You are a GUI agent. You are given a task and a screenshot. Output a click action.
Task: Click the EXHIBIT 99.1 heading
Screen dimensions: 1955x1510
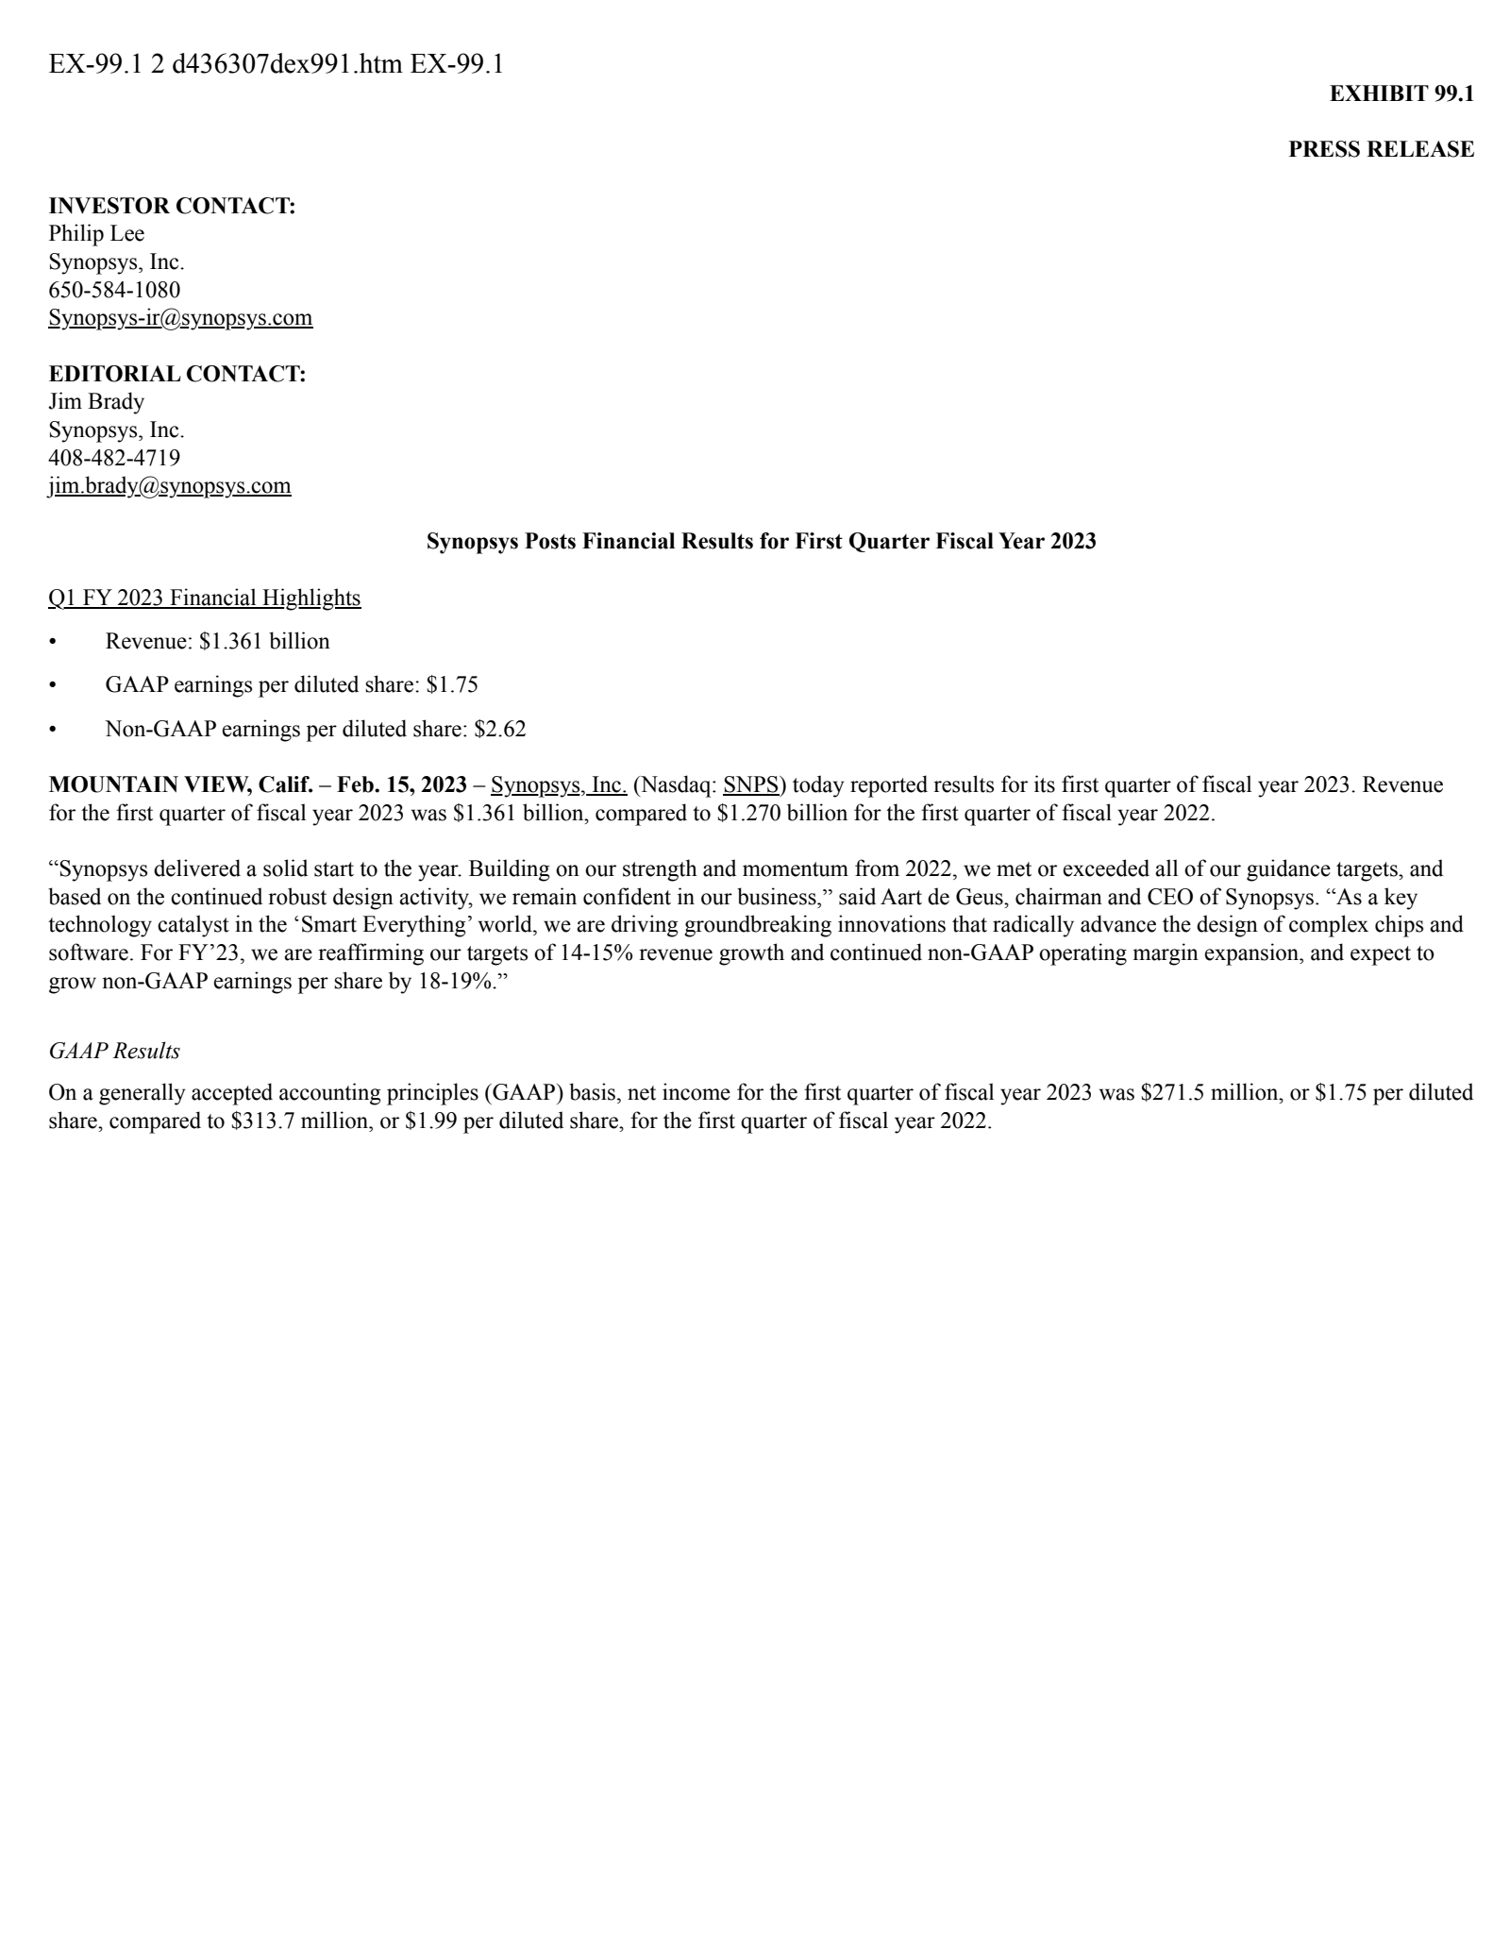tap(1401, 93)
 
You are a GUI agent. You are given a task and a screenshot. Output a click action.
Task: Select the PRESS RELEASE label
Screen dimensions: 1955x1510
tap(1381, 149)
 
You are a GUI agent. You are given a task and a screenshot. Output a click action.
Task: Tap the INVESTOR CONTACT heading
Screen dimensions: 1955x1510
tap(172, 206)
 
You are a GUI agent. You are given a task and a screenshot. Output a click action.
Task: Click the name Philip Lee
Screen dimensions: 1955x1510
tap(96, 233)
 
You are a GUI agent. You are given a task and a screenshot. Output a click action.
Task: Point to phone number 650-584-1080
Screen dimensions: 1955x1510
tap(114, 290)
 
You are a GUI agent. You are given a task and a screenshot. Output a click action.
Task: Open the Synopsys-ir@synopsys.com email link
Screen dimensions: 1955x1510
tap(180, 318)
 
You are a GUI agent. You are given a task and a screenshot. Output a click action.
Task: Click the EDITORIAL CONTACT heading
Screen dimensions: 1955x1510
tap(177, 374)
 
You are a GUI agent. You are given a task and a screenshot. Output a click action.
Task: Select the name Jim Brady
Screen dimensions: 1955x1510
tap(96, 402)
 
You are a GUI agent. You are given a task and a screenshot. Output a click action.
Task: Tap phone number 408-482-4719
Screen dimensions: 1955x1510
tap(114, 458)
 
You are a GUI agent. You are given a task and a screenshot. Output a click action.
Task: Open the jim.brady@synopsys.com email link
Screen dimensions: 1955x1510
tap(170, 486)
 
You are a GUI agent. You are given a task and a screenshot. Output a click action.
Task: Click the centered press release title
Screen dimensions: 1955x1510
tap(761, 542)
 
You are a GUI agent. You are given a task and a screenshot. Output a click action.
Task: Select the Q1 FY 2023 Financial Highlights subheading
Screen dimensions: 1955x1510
tap(204, 598)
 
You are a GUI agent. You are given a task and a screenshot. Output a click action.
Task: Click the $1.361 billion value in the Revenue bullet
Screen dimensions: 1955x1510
tap(264, 642)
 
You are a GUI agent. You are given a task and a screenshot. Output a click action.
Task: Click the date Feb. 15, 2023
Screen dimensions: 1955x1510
tap(402, 785)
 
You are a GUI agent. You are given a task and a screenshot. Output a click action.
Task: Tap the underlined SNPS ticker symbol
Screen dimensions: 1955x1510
tap(750, 785)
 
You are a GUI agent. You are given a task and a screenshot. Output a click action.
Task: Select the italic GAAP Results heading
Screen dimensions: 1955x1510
tap(114, 1051)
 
